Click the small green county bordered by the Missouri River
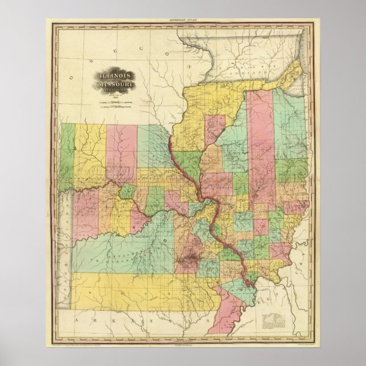[127, 192]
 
